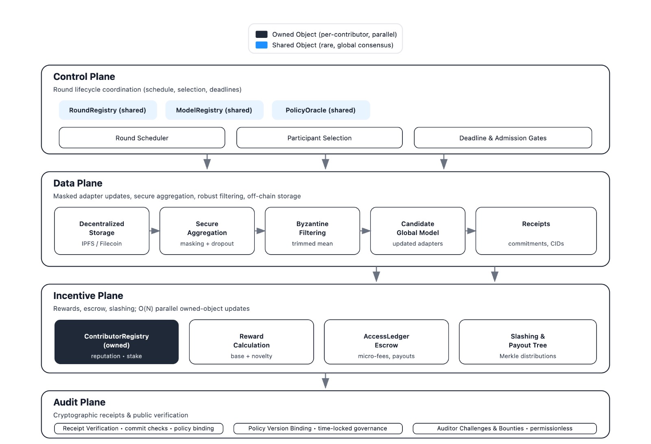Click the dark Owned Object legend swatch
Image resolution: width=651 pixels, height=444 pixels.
[x=261, y=34]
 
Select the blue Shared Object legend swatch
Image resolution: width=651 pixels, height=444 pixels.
[x=261, y=45]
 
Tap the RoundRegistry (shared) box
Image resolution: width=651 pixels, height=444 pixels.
[x=108, y=110]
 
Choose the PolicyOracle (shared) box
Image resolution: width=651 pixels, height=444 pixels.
[x=321, y=110]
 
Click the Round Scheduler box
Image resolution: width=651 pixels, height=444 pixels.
[x=142, y=138]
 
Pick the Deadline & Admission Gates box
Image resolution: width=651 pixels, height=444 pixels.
[x=502, y=138]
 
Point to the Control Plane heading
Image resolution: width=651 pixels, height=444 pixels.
[x=84, y=77]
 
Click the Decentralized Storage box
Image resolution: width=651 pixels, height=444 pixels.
[x=102, y=231]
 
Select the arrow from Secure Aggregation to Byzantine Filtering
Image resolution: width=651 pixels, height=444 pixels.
[x=260, y=231]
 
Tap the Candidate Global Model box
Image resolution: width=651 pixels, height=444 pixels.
[x=417, y=231]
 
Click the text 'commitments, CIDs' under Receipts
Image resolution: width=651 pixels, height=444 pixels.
[x=536, y=244]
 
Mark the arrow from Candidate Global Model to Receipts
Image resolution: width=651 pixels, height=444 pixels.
[x=470, y=231]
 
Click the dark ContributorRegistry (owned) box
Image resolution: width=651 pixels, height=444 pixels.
[x=116, y=342]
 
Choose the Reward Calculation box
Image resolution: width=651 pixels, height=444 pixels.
[x=251, y=342]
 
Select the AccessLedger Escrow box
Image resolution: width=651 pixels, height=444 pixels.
[x=386, y=342]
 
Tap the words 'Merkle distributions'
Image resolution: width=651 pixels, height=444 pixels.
[x=528, y=356]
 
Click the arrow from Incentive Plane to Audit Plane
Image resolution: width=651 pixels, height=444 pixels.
[x=325, y=381]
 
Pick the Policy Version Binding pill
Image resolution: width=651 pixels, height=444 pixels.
[x=318, y=429]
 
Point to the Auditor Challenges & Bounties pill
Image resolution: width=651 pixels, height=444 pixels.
[x=505, y=429]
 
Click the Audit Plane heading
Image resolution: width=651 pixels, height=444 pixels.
[x=79, y=402]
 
